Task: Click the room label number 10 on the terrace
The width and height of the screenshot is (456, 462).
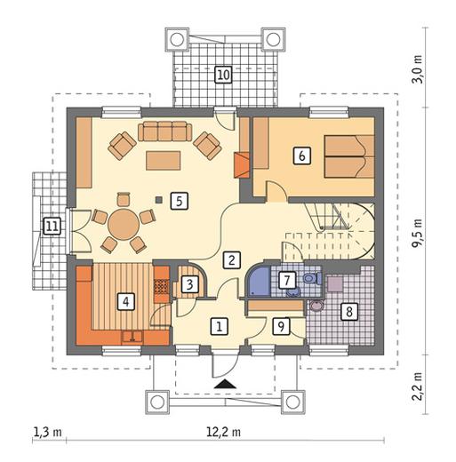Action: click(223, 75)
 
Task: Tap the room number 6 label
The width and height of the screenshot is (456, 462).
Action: click(302, 155)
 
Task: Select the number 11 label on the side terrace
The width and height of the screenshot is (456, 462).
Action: click(52, 227)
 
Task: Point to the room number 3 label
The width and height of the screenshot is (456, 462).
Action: click(189, 284)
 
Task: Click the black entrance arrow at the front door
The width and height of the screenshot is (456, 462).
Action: click(225, 384)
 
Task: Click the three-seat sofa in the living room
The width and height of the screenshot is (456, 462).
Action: click(164, 131)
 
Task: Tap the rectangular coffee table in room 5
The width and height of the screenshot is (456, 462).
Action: click(163, 161)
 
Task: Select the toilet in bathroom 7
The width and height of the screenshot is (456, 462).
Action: click(313, 278)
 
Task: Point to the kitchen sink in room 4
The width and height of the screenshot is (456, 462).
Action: click(132, 337)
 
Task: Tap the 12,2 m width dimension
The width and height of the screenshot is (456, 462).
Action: click(223, 433)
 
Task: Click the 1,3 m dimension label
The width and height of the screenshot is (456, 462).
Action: click(48, 432)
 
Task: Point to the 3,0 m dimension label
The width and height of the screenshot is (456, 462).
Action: click(418, 69)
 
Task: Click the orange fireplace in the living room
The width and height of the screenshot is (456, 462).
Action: click(242, 165)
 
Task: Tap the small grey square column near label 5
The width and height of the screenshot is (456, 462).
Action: click(159, 200)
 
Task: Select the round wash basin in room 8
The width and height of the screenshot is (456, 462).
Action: click(316, 306)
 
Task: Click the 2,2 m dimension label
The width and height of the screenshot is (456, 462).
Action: click(418, 386)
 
